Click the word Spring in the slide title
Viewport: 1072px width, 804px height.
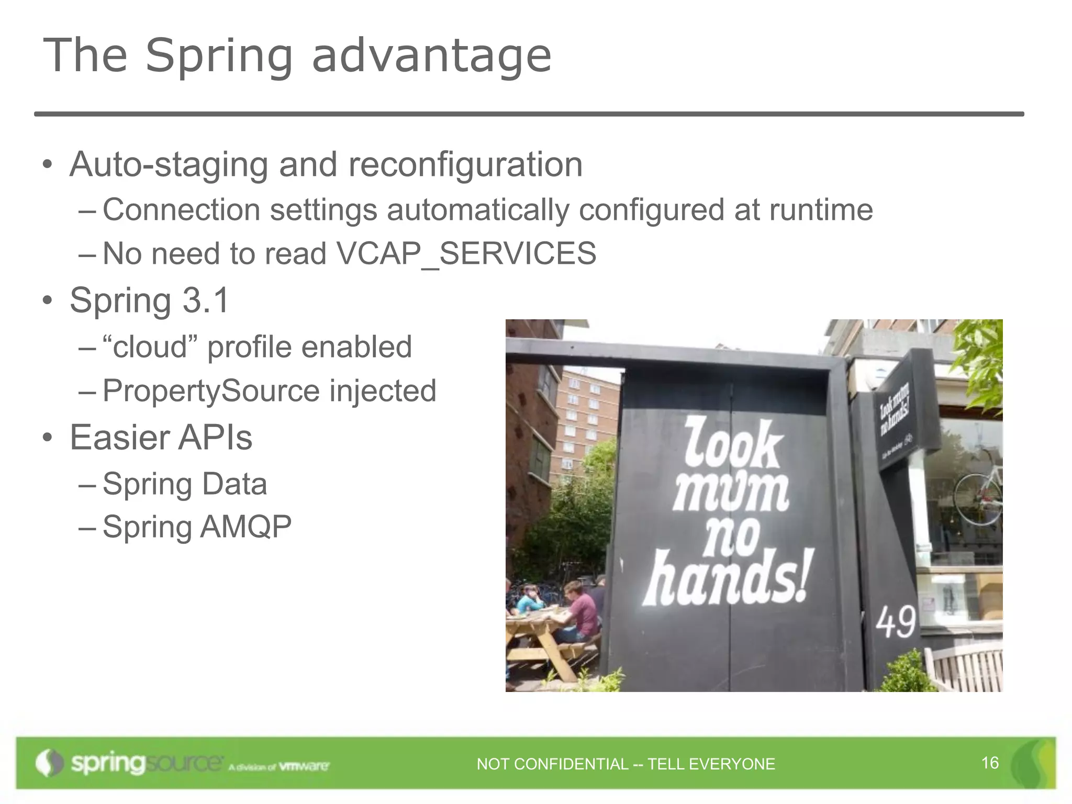(218, 56)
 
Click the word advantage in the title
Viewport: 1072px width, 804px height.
(432, 56)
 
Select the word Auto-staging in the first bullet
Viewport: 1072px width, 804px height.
(169, 165)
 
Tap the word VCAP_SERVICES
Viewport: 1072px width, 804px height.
(466, 254)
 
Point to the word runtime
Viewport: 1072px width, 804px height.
(820, 210)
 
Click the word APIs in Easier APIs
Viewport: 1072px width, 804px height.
(215, 438)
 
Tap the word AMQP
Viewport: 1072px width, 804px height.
(245, 527)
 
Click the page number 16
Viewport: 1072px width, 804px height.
(990, 763)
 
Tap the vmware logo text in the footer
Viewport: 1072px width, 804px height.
(304, 766)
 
